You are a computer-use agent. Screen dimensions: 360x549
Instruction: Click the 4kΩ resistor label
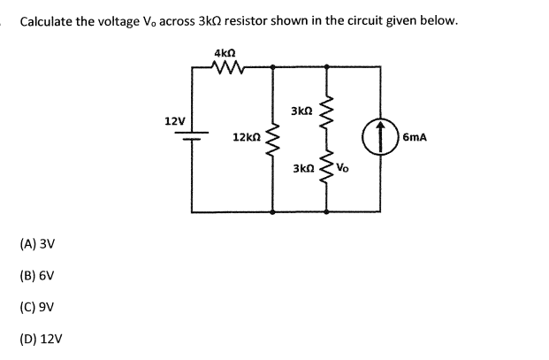pyautogui.click(x=224, y=53)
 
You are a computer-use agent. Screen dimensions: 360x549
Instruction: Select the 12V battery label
pyautogui.click(x=174, y=119)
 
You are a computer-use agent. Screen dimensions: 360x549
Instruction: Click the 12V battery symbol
pyautogui.click(x=192, y=134)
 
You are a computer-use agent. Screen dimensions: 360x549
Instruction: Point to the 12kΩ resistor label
pyautogui.click(x=245, y=138)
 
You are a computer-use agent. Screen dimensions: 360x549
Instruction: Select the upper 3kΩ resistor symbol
pyautogui.click(x=326, y=111)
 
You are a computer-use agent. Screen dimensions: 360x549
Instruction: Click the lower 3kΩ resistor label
pyautogui.click(x=301, y=167)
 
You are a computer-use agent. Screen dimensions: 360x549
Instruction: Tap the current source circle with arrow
pyautogui.click(x=380, y=139)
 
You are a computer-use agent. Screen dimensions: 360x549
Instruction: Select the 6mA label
pyautogui.click(x=415, y=138)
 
